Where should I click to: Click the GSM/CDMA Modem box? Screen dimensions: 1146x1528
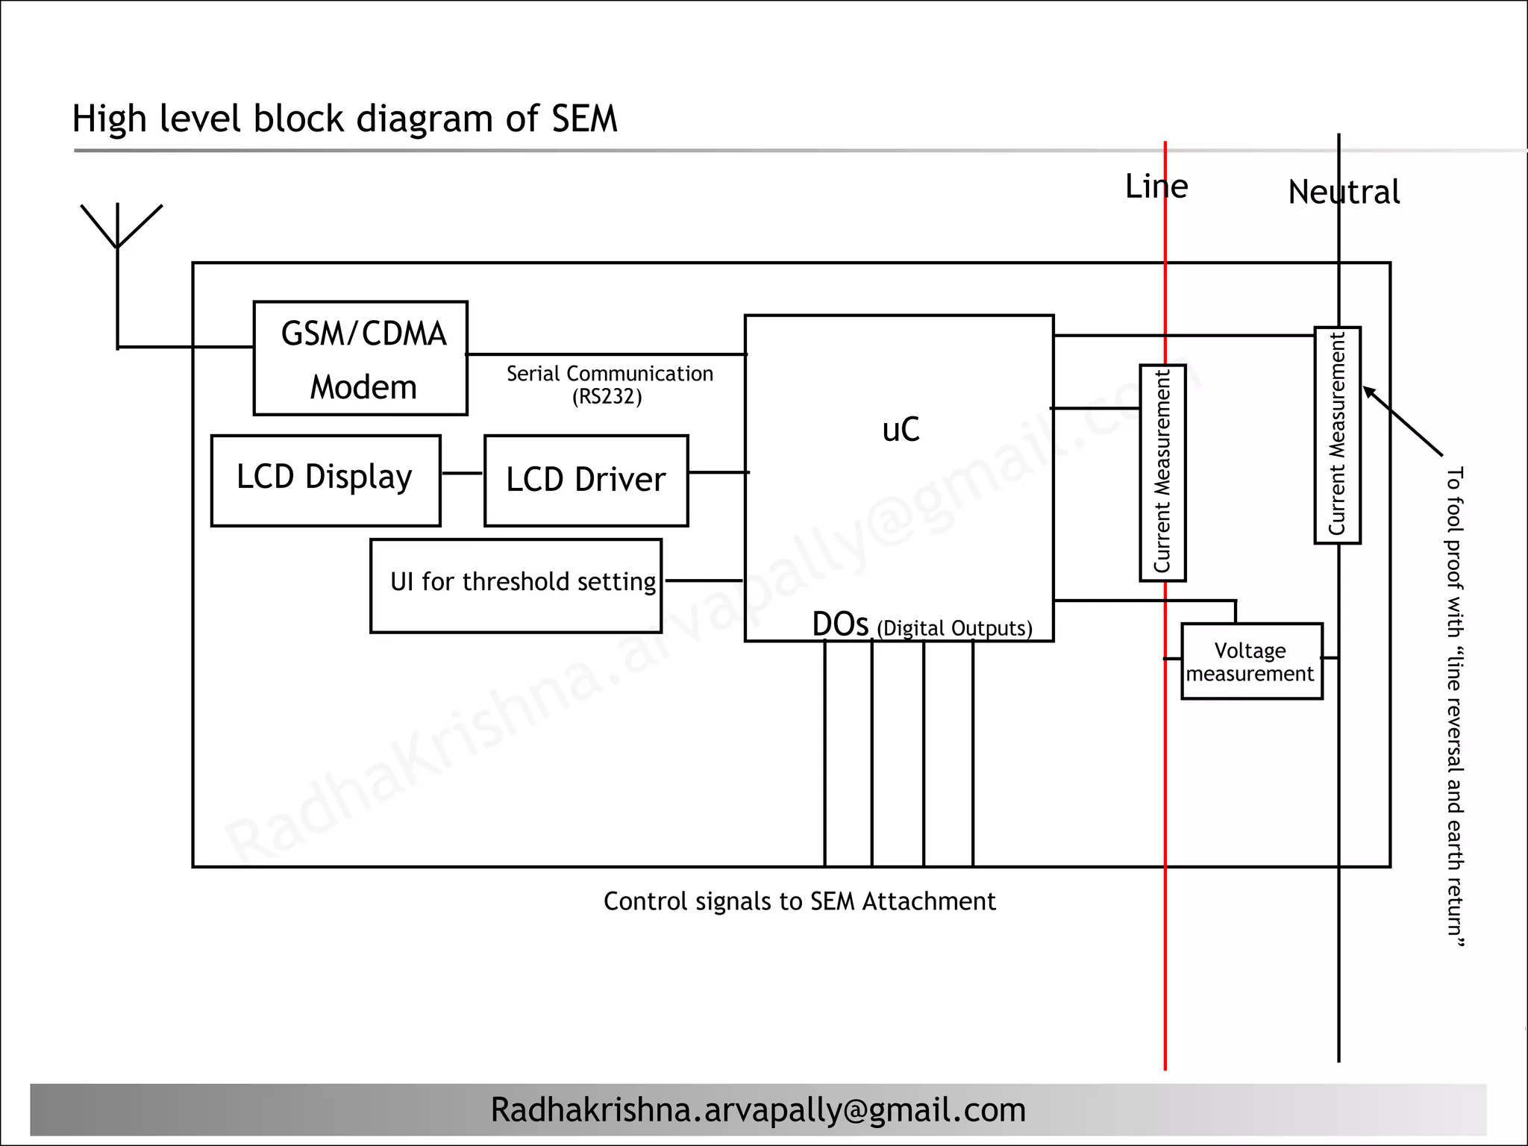coord(360,358)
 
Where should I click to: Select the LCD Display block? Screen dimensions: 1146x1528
coord(325,480)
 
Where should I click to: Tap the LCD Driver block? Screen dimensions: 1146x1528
coord(586,480)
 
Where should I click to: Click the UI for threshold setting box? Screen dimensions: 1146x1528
coord(516,586)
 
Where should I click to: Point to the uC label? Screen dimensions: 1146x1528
coord(901,430)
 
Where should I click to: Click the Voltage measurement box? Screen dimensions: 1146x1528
coord(1251,662)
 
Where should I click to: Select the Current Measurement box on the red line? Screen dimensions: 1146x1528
coord(1162,472)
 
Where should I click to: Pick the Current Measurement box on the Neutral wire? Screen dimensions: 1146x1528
coord(1337,435)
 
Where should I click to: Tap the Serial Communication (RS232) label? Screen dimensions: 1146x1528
coord(609,384)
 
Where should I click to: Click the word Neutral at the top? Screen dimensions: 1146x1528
coord(1344,192)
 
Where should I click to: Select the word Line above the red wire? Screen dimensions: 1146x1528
coord(1156,187)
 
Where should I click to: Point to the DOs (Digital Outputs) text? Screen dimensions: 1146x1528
coord(922,626)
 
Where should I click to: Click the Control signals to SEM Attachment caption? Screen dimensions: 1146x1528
coord(799,901)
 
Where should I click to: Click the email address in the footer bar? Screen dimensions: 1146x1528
coord(758,1110)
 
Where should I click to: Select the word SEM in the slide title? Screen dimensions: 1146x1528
coord(584,119)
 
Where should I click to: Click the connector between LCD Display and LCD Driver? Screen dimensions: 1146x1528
coord(462,473)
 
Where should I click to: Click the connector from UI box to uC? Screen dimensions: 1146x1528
coord(704,580)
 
